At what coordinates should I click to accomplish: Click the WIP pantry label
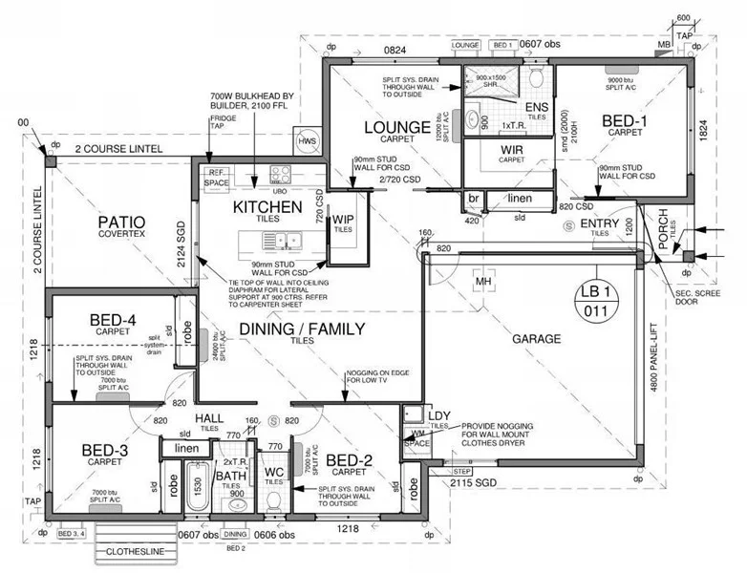click(x=342, y=220)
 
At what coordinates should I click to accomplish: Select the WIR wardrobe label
click(x=512, y=150)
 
